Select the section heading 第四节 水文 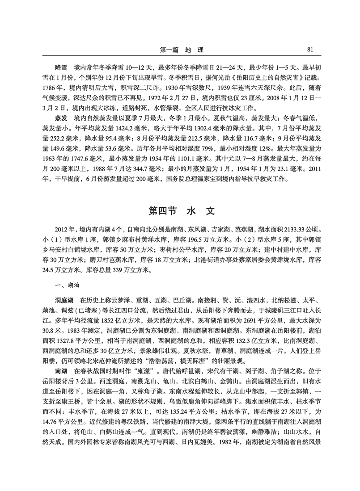(179, 210)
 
